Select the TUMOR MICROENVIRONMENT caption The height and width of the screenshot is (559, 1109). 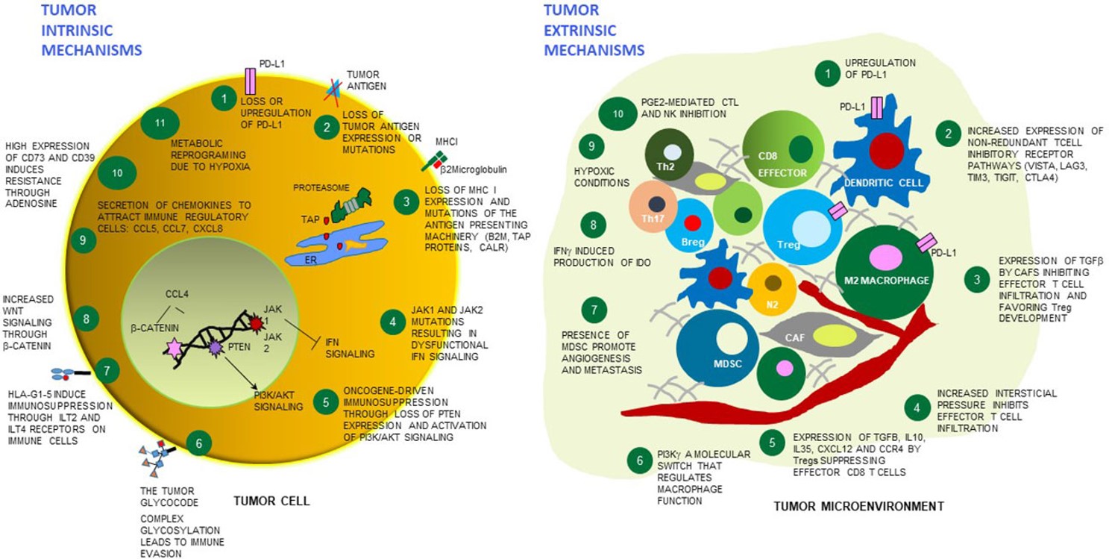pyautogui.click(x=858, y=506)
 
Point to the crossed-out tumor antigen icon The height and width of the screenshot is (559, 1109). pyautogui.click(x=333, y=91)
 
